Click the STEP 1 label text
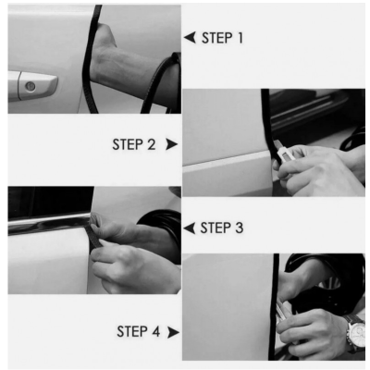[x=222, y=38]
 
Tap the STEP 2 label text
[x=134, y=144]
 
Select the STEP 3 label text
[x=222, y=228]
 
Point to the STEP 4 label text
[x=139, y=332]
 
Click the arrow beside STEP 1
[x=190, y=38]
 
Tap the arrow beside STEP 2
[x=172, y=144]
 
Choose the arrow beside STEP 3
[x=190, y=228]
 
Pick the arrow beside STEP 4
[x=173, y=332]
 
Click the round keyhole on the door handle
[x=30, y=87]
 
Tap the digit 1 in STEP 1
[x=240, y=38]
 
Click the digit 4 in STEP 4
[x=155, y=332]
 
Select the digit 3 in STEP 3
[x=239, y=228]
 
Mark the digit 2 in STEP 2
[x=151, y=144]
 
